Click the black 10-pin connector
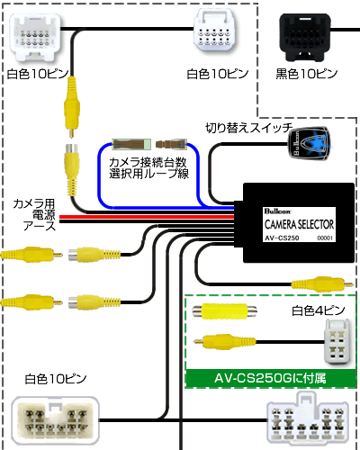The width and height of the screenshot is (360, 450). pyautogui.click(x=305, y=37)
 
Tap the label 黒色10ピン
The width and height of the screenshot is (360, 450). pyautogui.click(x=307, y=74)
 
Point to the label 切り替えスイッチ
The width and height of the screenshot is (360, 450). pyautogui.click(x=249, y=128)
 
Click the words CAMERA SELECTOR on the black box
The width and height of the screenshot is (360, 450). pyautogui.click(x=299, y=224)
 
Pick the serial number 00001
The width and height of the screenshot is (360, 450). pyautogui.click(x=325, y=238)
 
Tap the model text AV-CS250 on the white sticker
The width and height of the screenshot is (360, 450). pyautogui.click(x=282, y=238)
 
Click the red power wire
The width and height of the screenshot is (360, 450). pyautogui.click(x=147, y=217)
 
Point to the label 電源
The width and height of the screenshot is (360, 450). pyautogui.click(x=44, y=215)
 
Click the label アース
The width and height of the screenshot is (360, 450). pyautogui.click(x=40, y=226)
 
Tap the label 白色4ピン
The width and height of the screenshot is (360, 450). pyautogui.click(x=319, y=310)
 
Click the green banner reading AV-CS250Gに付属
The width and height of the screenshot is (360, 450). pyautogui.click(x=271, y=378)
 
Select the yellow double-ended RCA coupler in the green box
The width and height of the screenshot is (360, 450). pyautogui.click(x=224, y=311)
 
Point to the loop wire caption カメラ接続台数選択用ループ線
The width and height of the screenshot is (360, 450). pyautogui.click(x=148, y=168)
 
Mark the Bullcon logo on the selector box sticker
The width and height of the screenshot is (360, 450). pyautogui.click(x=277, y=211)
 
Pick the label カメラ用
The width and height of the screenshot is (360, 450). pyautogui.click(x=34, y=204)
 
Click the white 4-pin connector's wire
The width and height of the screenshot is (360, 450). pyautogui.click(x=291, y=342)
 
